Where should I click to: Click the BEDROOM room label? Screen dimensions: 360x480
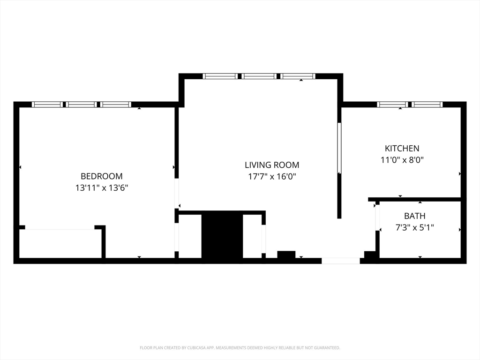tap(102, 176)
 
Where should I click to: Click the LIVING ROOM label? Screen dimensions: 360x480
tap(272, 165)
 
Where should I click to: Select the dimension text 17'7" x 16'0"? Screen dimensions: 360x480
tap(272, 177)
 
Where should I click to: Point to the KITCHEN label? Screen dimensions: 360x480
tap(402, 148)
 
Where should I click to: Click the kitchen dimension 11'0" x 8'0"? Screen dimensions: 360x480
tap(402, 160)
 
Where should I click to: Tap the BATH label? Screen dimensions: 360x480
tap(415, 216)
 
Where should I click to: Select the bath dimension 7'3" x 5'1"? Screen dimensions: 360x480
tap(415, 228)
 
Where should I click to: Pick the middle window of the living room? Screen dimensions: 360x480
tap(259, 76)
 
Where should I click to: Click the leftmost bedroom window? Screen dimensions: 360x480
tap(46, 105)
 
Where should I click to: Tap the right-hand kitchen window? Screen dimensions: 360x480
tap(427, 105)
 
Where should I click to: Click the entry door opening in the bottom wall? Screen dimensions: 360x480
tap(341, 261)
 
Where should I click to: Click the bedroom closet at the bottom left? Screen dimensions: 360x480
tap(60, 243)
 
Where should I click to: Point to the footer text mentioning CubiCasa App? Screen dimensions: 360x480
tap(240, 348)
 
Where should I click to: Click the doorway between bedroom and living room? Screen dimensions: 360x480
tap(177, 193)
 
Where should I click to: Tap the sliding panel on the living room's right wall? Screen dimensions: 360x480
tap(339, 148)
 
